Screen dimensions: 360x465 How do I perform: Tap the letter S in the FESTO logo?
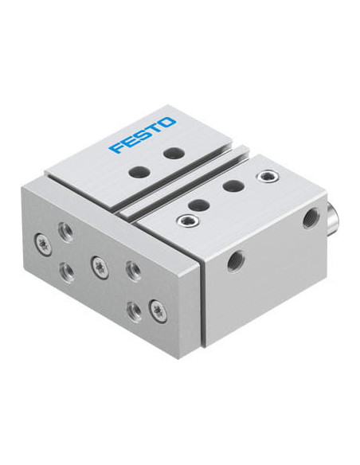pos(142,134)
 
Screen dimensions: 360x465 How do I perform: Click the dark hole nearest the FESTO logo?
pos(174,154)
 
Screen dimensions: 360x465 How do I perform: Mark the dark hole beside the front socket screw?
pos(198,205)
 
